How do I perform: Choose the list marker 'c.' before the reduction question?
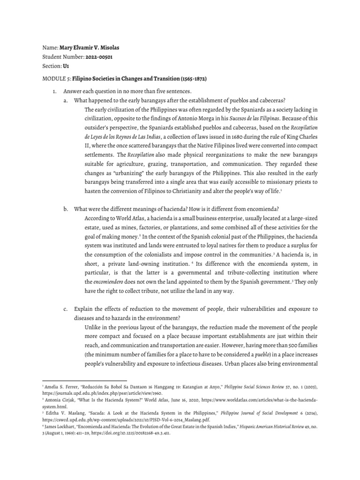[x=66, y=309]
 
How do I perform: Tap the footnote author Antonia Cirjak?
[x=61, y=401]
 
